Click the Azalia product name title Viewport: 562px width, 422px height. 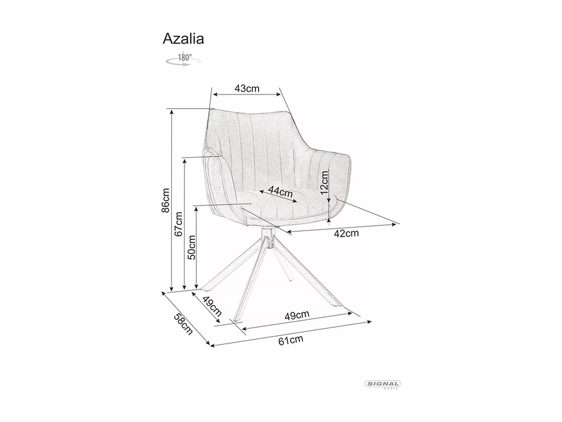pyautogui.click(x=183, y=39)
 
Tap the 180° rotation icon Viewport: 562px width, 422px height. pyautogui.click(x=183, y=60)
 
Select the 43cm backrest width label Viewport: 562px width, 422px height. pyautogui.click(x=247, y=89)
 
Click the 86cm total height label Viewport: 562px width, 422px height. pyautogui.click(x=165, y=200)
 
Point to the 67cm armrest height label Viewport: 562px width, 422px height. pyautogui.click(x=179, y=224)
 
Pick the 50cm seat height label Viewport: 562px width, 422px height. pyautogui.click(x=191, y=247)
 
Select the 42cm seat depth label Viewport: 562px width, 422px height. pyautogui.click(x=346, y=233)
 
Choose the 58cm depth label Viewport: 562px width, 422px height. pyautogui.click(x=183, y=324)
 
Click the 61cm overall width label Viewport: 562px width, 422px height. pyautogui.click(x=290, y=340)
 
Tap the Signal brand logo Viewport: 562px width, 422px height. pyautogui.click(x=383, y=384)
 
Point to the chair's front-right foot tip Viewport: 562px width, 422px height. pyautogui.click(x=339, y=305)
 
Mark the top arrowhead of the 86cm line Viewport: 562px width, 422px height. pyautogui.click(x=172, y=111)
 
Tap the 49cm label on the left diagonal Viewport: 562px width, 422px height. pyautogui.click(x=212, y=306)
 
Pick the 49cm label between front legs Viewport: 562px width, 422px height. pyautogui.click(x=297, y=315)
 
